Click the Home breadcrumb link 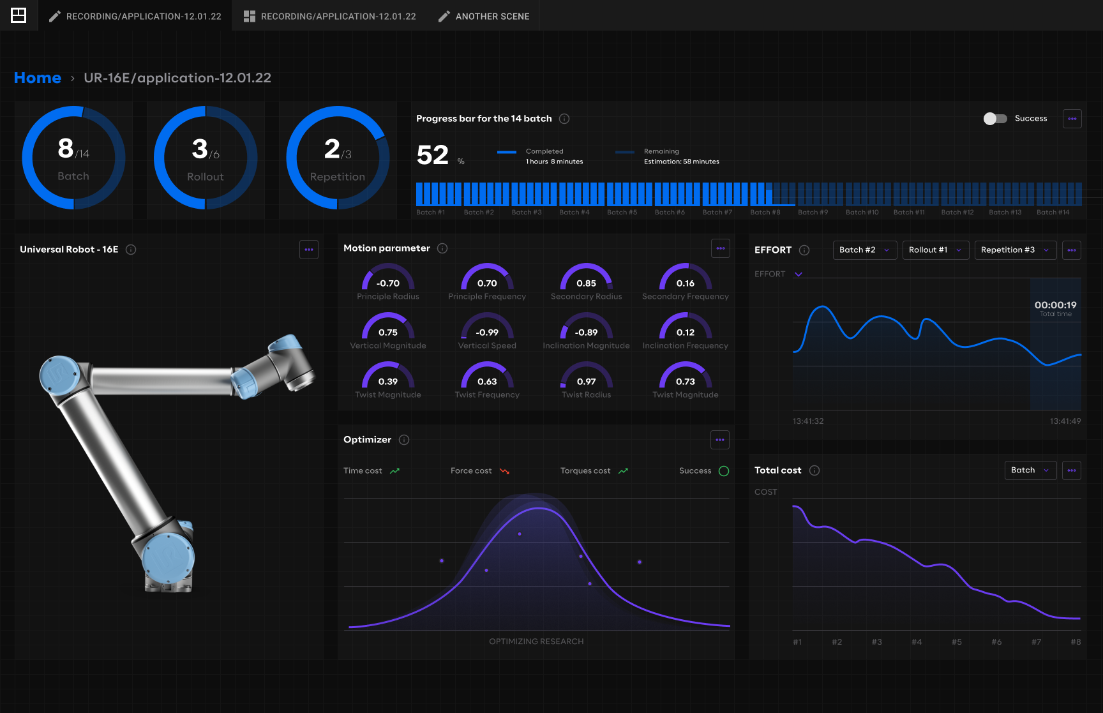point(38,78)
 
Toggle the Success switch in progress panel point(995,119)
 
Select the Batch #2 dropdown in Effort point(865,250)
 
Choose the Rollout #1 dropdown point(936,250)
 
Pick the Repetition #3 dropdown point(1015,250)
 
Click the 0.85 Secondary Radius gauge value point(586,283)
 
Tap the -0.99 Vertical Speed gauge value point(487,333)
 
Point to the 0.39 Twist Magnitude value point(388,382)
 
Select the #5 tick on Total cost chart point(956,642)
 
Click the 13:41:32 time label point(808,421)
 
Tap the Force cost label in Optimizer point(471,471)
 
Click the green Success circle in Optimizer point(724,471)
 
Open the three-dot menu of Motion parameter point(721,248)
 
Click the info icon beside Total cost point(814,470)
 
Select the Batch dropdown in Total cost point(1030,470)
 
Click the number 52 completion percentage point(433,155)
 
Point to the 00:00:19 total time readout point(1055,305)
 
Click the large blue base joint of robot point(168,557)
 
